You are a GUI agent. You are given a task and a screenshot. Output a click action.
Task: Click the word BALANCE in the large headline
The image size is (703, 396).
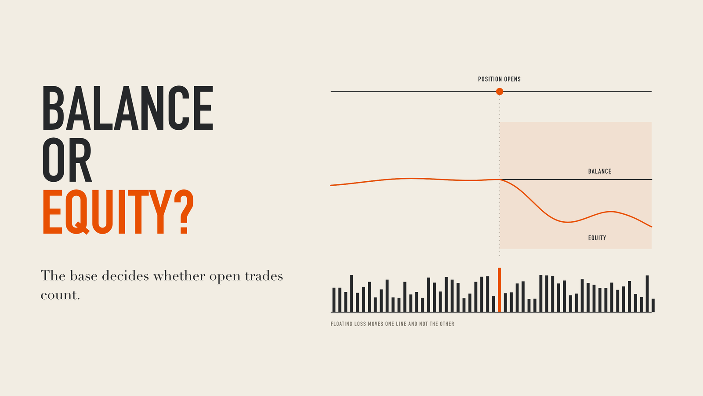tap(128, 108)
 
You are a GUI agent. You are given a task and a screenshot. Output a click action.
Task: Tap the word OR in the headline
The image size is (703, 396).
tap(67, 160)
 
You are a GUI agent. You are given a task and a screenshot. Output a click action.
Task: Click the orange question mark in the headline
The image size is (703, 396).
tap(184, 212)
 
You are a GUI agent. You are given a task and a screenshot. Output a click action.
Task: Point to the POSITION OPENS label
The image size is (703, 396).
tap(499, 79)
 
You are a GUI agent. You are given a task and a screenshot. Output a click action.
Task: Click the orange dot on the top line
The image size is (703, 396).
tap(500, 92)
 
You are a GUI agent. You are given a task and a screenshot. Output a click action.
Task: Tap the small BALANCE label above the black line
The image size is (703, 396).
tap(599, 171)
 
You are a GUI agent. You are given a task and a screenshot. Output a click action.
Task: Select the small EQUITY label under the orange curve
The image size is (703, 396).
tap(597, 238)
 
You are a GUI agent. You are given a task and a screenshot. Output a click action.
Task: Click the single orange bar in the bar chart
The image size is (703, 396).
tap(499, 290)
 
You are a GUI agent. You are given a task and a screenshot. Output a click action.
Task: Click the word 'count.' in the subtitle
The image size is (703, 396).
tap(60, 295)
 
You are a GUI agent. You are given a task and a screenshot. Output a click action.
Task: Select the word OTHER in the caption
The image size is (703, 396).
tap(447, 324)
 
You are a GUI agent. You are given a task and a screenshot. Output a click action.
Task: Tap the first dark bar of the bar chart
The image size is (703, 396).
tap(334, 300)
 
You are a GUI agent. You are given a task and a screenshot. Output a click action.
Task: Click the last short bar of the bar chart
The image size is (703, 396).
tap(653, 305)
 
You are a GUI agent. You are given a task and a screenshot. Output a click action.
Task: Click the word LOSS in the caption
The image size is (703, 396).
tap(360, 324)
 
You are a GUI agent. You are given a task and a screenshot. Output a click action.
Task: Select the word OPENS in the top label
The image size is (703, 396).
tap(512, 79)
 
